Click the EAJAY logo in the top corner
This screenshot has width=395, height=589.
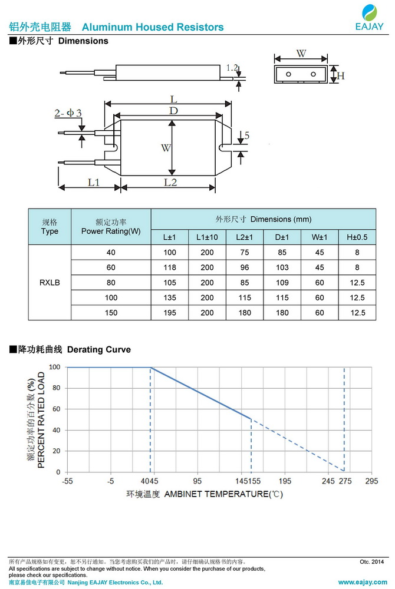369,18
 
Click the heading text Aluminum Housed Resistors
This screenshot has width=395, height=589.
153,27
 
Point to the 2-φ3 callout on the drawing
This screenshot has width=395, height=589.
68,112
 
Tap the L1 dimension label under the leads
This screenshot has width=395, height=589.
94,182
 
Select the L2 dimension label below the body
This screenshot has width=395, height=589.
170,182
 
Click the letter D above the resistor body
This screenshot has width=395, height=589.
173,111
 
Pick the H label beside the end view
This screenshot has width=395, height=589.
341,76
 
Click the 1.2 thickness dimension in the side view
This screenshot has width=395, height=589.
232,68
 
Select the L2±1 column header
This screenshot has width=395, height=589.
244,237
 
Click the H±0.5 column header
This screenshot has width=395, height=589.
357,237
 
